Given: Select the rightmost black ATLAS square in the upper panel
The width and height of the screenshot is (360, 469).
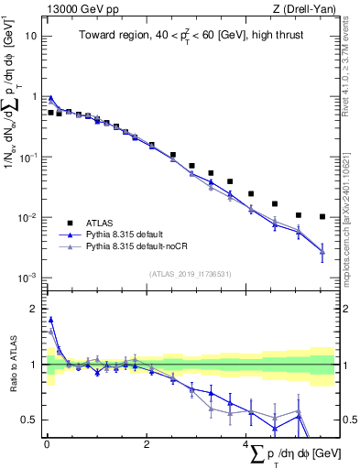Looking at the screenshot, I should coord(322,217).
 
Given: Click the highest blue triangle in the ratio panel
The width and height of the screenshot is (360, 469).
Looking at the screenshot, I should coord(50,320).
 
